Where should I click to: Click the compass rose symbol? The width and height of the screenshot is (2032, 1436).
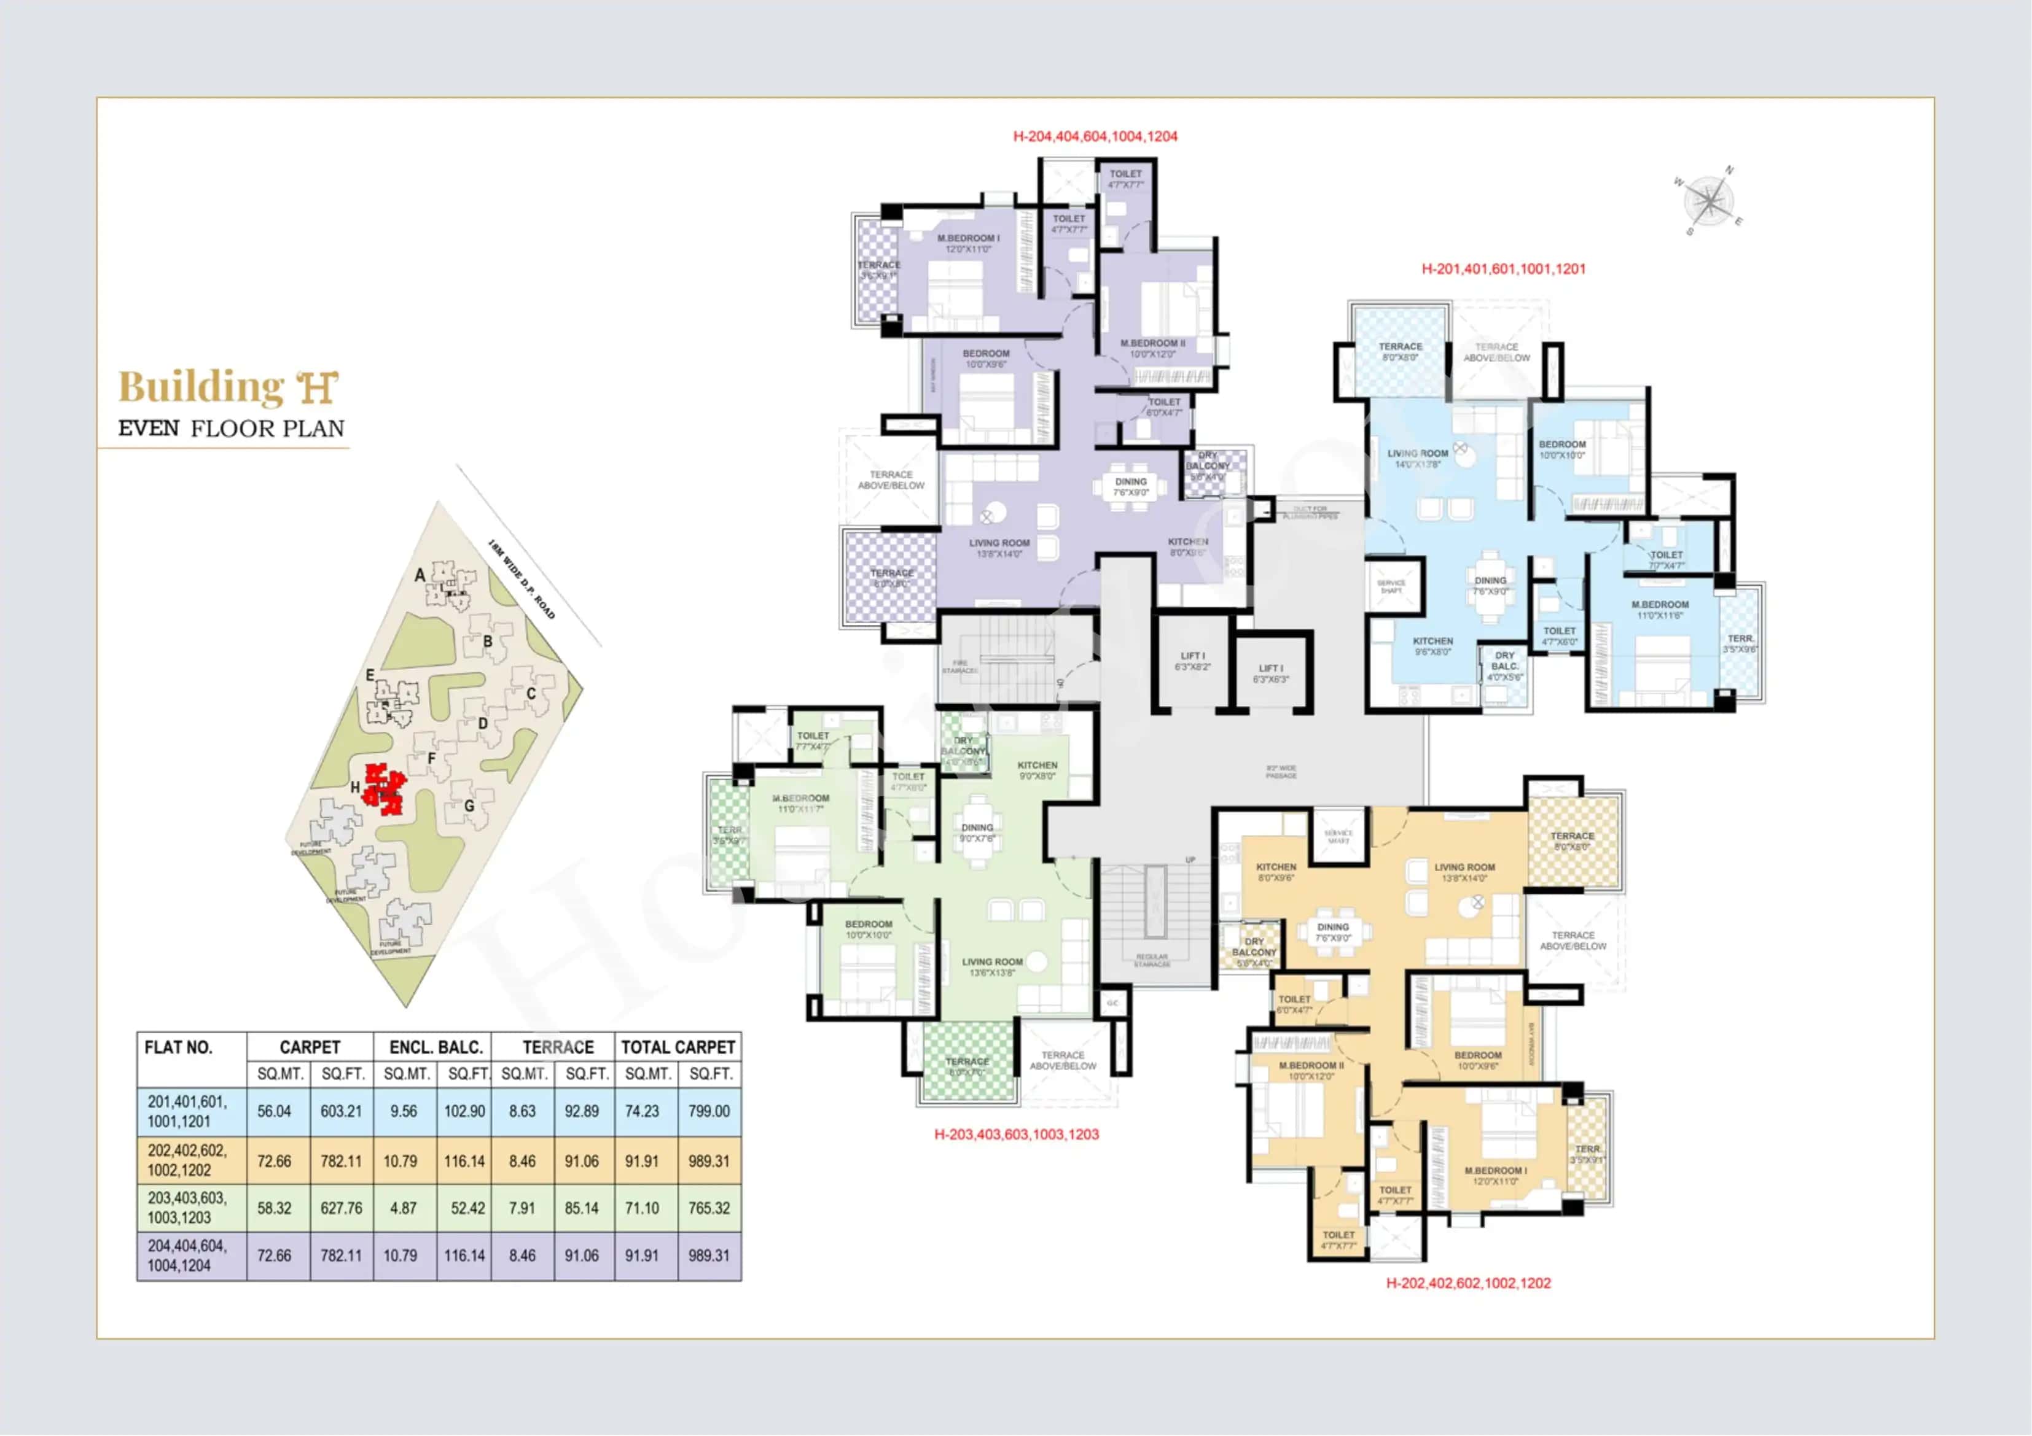[1709, 200]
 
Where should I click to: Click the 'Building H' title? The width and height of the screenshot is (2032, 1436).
[229, 387]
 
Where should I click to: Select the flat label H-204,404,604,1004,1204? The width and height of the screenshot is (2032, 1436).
[1095, 136]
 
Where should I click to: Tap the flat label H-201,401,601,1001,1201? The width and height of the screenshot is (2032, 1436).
[1503, 268]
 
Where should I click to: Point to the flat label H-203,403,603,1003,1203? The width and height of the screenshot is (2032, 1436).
[1016, 1135]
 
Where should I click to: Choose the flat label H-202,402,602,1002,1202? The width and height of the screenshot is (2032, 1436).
[1467, 1283]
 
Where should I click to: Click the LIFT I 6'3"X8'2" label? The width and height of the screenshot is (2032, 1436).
[1192, 661]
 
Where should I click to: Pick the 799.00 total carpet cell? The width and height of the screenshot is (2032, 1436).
[709, 1111]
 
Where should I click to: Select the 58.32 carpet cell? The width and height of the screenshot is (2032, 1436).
[275, 1208]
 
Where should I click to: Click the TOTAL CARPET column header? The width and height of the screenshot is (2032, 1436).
[678, 1047]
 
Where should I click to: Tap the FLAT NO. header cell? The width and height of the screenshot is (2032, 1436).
[178, 1047]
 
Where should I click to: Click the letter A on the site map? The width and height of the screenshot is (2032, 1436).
[420, 575]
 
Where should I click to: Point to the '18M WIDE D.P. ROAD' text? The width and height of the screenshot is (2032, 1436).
[522, 580]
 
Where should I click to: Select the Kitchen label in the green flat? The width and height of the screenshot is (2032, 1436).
[1037, 770]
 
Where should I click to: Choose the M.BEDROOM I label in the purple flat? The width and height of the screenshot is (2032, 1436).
[968, 243]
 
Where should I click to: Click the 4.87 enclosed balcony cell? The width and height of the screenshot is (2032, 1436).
[403, 1208]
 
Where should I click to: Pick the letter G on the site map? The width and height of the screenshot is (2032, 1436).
[469, 806]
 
